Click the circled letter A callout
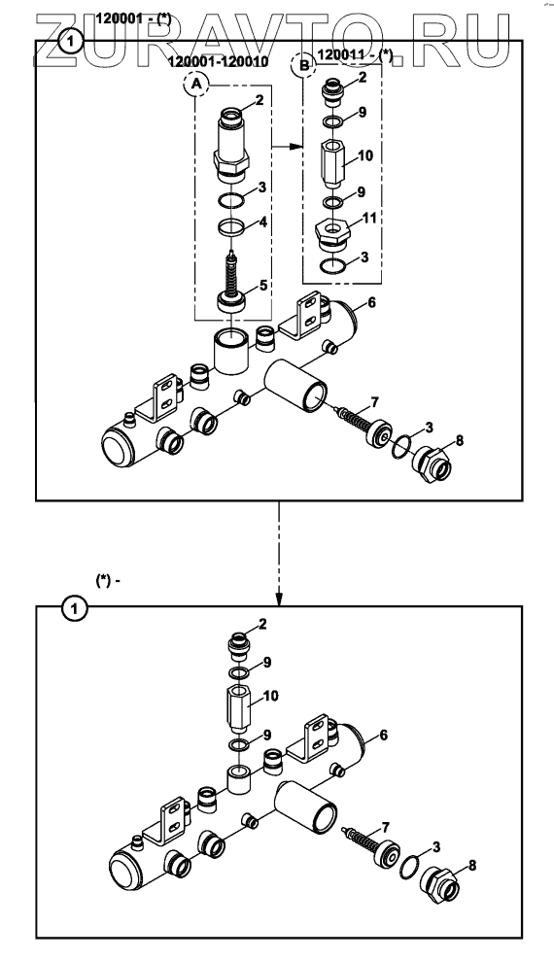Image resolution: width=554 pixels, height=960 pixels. click(x=196, y=86)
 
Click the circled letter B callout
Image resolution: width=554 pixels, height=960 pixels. click(x=304, y=64)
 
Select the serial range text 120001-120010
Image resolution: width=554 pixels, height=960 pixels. click(x=218, y=62)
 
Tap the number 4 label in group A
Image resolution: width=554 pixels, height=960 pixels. click(x=262, y=222)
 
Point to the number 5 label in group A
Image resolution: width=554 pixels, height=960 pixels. click(x=263, y=285)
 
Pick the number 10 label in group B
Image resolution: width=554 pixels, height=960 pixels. click(x=364, y=156)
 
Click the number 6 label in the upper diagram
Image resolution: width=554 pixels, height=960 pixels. click(x=371, y=302)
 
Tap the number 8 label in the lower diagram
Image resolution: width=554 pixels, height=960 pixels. click(x=472, y=866)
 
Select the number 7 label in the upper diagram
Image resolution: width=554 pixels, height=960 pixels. click(x=374, y=402)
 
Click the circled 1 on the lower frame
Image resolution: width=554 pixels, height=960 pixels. click(x=75, y=608)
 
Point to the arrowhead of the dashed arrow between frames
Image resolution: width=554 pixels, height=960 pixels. click(x=279, y=600)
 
